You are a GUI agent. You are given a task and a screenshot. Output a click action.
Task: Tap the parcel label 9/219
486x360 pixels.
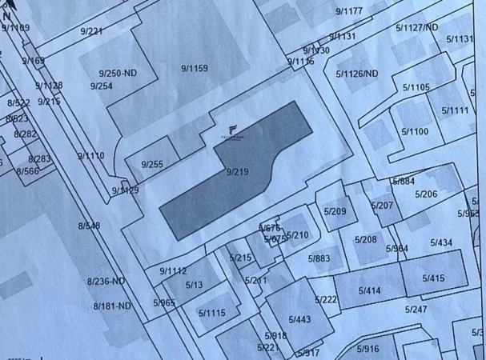238,171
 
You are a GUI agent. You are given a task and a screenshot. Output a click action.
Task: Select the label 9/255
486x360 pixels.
151,165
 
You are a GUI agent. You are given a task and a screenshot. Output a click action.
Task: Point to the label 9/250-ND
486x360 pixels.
118,73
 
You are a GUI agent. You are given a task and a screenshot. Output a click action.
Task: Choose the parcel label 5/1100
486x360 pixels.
415,131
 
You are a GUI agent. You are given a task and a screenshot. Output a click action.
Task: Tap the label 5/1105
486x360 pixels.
416,87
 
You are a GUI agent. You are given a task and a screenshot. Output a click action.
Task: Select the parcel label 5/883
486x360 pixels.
319,258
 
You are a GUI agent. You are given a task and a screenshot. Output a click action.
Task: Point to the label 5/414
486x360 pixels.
369,290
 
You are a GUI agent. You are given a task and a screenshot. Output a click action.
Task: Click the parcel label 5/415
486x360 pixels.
433,278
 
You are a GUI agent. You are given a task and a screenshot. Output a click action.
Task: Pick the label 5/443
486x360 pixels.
299,319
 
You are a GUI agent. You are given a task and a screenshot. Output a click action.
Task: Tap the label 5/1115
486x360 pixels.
212,313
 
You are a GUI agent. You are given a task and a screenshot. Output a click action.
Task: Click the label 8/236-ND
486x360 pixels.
106,281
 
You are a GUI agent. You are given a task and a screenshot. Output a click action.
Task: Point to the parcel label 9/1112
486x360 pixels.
172,270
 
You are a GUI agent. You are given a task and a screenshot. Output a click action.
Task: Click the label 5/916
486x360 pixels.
368,348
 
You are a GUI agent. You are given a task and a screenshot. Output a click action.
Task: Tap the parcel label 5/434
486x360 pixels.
441,242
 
